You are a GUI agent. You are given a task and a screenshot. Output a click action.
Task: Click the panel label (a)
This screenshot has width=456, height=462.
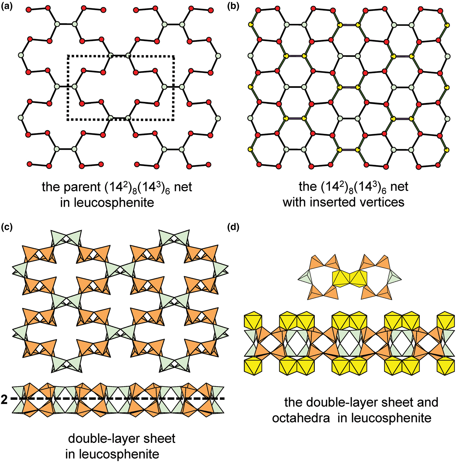7,7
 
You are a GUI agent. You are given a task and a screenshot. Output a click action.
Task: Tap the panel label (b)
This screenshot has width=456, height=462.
233,7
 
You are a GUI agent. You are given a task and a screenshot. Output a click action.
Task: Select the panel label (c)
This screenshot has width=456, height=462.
7,227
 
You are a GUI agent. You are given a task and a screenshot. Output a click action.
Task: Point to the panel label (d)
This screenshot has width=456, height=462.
233,227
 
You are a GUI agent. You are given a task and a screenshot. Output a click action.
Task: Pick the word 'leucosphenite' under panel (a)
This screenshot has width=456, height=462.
107,203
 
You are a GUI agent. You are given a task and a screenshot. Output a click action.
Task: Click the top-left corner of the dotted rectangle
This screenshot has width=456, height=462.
68,56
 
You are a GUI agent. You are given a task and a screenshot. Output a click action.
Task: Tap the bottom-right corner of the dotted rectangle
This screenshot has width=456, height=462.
174,120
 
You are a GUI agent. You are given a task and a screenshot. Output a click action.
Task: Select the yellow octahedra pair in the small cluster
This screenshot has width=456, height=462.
350,278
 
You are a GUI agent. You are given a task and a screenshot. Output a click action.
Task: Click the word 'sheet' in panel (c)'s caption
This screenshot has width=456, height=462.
160,439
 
